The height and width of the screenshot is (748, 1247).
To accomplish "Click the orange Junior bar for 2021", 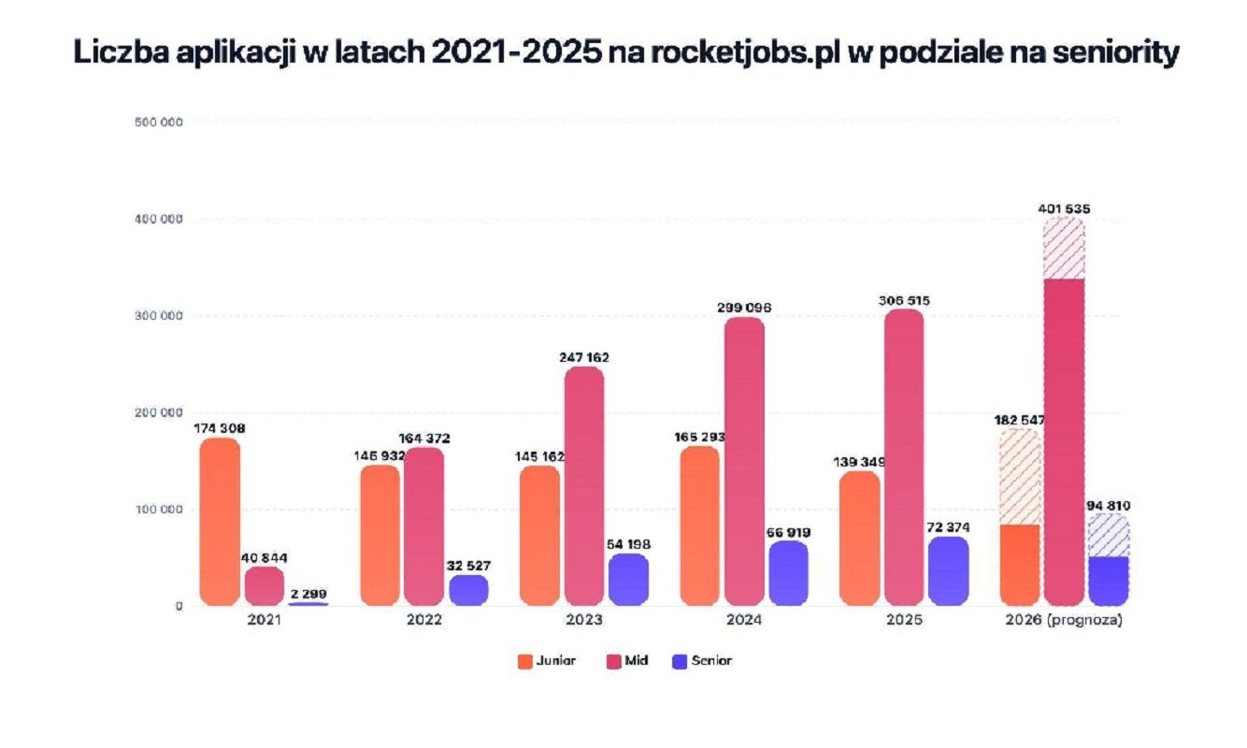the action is [220, 522].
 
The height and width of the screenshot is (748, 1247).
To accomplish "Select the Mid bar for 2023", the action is [584, 485].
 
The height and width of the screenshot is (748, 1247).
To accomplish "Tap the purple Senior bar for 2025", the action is [949, 571].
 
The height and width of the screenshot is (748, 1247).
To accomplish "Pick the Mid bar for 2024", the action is [744, 461].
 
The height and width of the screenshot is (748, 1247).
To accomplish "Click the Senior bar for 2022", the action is [468, 590].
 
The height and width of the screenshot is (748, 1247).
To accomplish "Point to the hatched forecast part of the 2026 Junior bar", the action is [1020, 476].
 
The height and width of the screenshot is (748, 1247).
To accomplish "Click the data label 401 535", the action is [1064, 209].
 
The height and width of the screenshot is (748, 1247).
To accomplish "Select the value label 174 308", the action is [220, 428].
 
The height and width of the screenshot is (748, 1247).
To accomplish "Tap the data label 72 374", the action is [948, 527].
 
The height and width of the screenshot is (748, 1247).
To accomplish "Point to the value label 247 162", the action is [584, 357].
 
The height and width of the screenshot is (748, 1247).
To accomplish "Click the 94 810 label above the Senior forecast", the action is [1109, 506].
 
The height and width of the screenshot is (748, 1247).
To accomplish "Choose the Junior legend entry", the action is [547, 661].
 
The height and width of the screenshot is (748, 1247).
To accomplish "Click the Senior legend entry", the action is [702, 661].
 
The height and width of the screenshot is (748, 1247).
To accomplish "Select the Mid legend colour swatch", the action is [613, 662].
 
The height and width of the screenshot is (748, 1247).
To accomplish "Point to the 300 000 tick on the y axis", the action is [159, 316].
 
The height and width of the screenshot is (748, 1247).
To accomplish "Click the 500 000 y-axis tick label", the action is [159, 122].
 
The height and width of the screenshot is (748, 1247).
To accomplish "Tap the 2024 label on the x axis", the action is [744, 620].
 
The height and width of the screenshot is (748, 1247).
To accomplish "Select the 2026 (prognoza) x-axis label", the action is [1064, 620].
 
